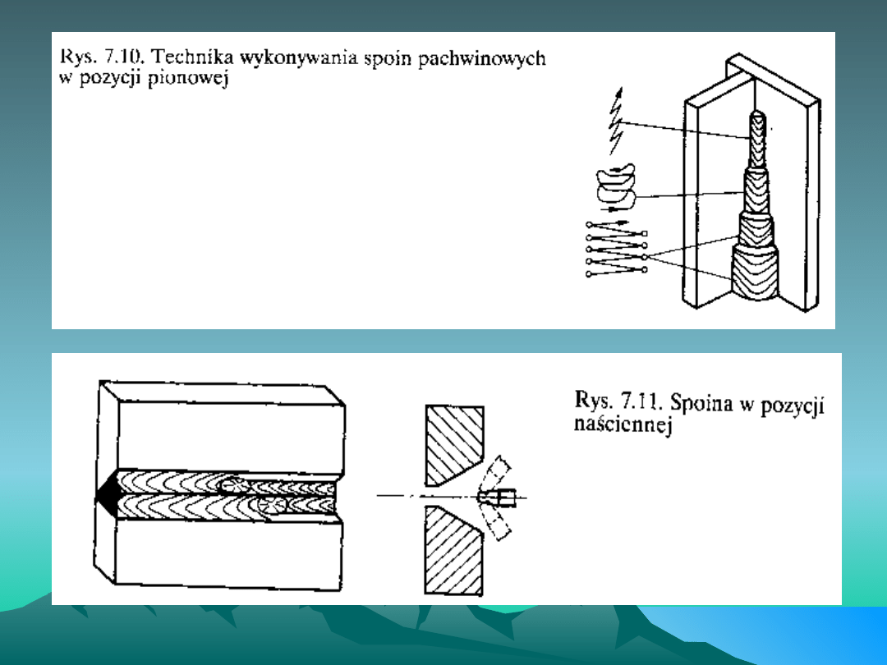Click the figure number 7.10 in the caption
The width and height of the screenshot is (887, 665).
click(125, 57)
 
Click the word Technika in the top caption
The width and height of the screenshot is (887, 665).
click(191, 57)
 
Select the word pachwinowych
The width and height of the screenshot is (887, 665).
click(482, 58)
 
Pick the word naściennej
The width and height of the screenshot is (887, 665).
click(623, 424)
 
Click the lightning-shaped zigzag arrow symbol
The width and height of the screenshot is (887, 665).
click(615, 121)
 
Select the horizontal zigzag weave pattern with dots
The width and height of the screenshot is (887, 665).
click(617, 249)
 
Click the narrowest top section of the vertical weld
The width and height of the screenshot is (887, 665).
click(757, 140)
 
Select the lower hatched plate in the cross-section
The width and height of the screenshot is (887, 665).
click(453, 549)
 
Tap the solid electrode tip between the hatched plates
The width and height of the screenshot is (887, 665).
click(497, 498)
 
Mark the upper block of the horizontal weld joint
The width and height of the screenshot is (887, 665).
click(222, 427)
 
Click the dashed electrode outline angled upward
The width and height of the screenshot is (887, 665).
click(494, 473)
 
